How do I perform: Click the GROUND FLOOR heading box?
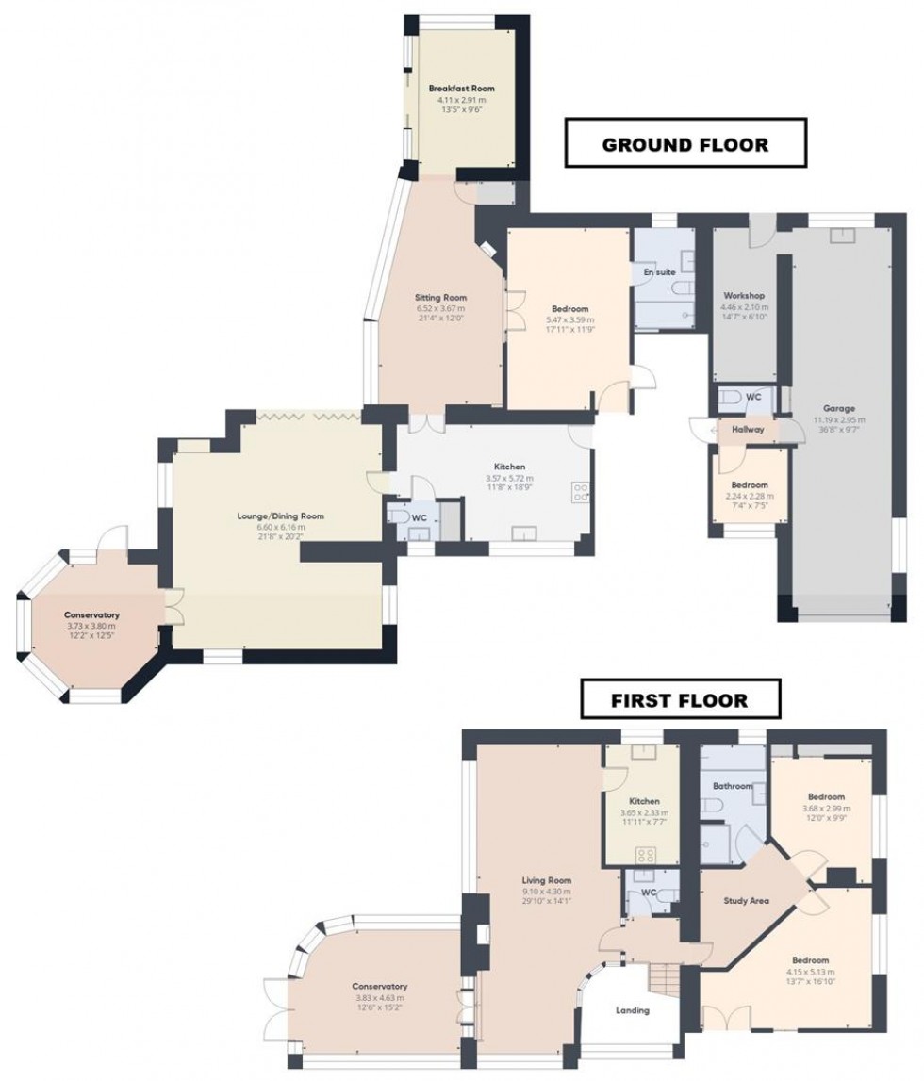pyautogui.click(x=685, y=144)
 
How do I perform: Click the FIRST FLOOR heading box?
pyautogui.click(x=680, y=700)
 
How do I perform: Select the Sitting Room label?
pyautogui.click(x=435, y=298)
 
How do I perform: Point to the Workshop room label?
pyautogui.click(x=743, y=296)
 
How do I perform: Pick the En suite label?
pyautogui.click(x=659, y=271)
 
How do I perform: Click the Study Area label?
pyautogui.click(x=746, y=901)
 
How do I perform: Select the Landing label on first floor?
pyautogui.click(x=632, y=1010)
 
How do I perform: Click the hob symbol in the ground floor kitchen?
pyautogui.click(x=580, y=491)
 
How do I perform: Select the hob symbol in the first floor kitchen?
pyautogui.click(x=647, y=854)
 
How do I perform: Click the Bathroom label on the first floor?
pyautogui.click(x=733, y=786)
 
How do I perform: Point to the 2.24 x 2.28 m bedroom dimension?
pyautogui.click(x=748, y=496)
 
